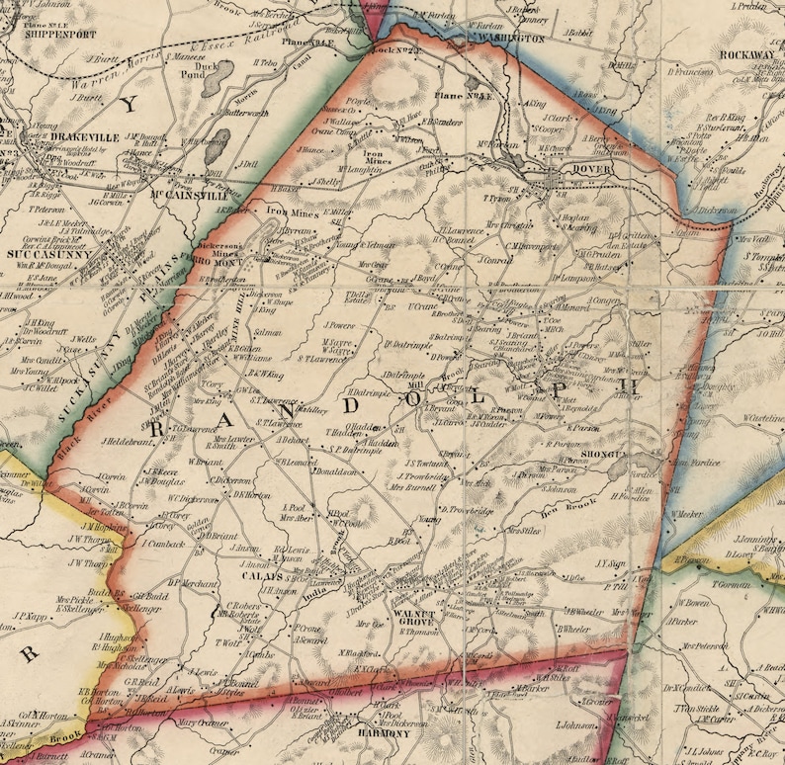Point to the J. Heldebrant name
pos(127,440)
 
